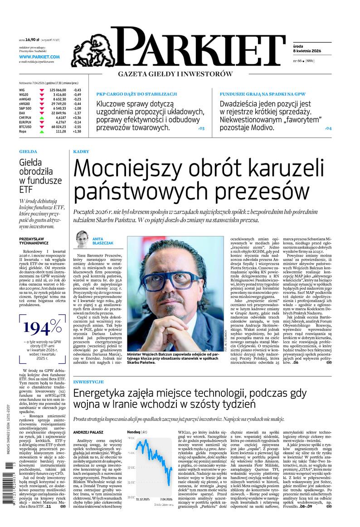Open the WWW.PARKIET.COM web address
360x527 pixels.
pos(39,57)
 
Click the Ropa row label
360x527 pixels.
pos(23,132)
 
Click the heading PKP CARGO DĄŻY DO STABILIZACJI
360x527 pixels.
pos(136,93)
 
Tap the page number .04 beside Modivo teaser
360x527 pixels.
pos(329,128)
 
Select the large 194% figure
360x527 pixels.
pos(43,327)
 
